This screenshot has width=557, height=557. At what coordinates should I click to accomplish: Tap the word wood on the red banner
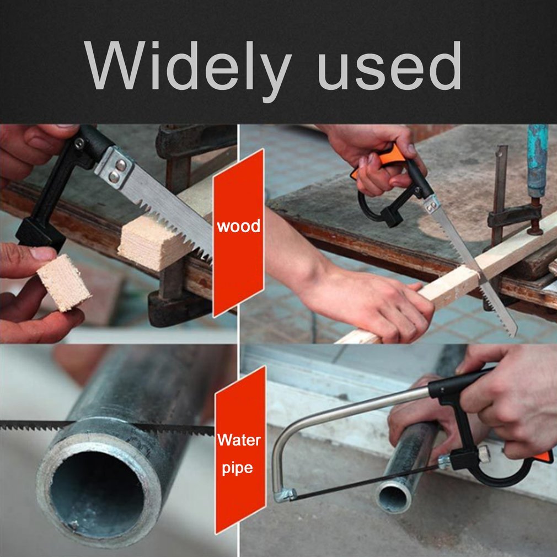238,226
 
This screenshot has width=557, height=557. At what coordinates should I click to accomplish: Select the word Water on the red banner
239,441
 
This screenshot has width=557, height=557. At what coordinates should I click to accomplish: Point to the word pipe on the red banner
238,468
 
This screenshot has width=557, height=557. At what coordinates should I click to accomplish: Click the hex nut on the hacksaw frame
484,453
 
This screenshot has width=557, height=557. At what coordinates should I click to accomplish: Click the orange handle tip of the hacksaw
547,457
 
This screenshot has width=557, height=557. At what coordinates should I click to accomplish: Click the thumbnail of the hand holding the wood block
41,253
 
